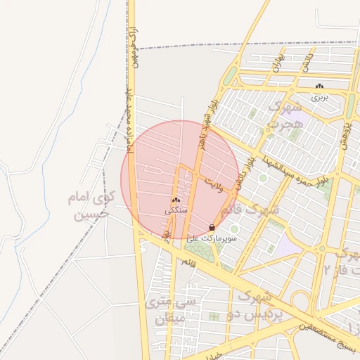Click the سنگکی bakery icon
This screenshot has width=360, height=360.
pos(176,200)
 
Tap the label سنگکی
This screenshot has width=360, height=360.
pos(176,210)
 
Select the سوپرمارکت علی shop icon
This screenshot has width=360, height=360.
pos(212,228)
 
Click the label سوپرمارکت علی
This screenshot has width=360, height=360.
pos(212,239)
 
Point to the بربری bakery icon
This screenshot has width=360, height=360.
pos(320,86)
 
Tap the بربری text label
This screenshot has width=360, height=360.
pos(321,96)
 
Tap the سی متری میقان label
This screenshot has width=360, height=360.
pos(172,310)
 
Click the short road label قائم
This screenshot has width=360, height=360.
pos(188,262)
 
